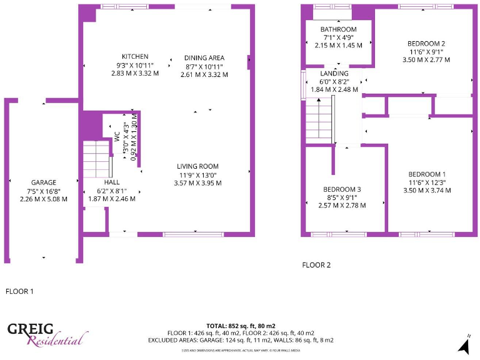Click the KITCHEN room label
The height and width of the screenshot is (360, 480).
pyautogui.click(x=135, y=56)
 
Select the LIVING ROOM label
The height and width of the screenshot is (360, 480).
pyautogui.click(x=197, y=166)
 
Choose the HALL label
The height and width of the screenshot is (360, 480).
pyautogui.click(x=112, y=182)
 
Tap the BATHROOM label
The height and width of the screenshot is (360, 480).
pyautogui.click(x=338, y=29)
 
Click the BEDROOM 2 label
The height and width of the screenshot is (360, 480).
pyautogui.click(x=426, y=43)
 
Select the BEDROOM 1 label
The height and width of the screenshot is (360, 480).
pyautogui.click(x=427, y=174)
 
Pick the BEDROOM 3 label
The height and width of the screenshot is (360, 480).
pyautogui.click(x=342, y=189)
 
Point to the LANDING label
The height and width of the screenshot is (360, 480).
pyautogui.click(x=334, y=73)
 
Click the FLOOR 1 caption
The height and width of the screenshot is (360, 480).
pyautogui.click(x=19, y=291)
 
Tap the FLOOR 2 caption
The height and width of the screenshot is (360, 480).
pyautogui.click(x=316, y=265)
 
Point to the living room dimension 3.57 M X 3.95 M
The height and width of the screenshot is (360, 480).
pyautogui.click(x=197, y=183)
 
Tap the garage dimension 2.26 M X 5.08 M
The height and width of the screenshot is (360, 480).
pyautogui.click(x=43, y=199)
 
